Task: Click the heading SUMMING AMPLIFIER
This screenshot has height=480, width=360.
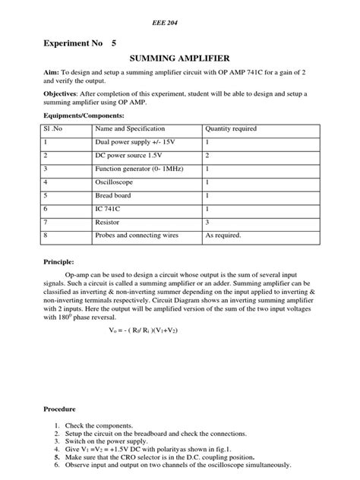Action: [x=179, y=57]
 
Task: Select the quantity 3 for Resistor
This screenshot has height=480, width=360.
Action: [x=207, y=222]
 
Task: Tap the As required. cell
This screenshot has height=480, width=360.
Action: [x=223, y=235]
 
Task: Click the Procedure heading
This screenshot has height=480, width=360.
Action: [x=61, y=409]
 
